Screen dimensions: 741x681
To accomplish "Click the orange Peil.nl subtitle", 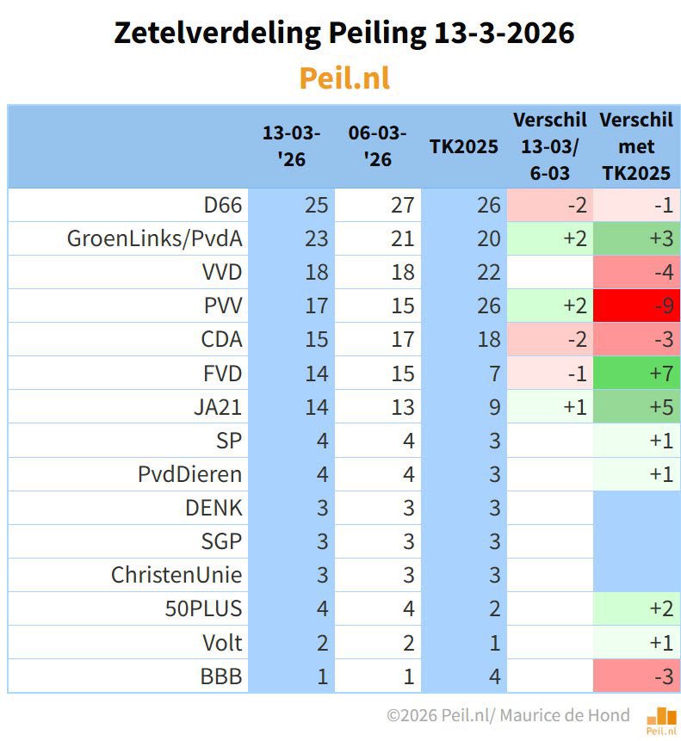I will (344, 78).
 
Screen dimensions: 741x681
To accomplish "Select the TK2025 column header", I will (463, 146).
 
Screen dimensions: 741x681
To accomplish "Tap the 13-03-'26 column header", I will (291, 146).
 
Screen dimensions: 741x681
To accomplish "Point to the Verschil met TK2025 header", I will (635, 146).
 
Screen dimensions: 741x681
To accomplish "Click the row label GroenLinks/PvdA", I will (155, 238).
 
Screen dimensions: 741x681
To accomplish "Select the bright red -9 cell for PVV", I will (636, 306).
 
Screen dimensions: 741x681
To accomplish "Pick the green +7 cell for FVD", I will (636, 373).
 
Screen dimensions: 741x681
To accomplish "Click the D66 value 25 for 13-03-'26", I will (316, 205).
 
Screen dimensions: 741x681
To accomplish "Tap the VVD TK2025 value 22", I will (488, 272).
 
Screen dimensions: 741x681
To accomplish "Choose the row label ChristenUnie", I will (176, 575).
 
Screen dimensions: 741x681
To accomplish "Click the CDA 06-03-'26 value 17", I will (402, 339).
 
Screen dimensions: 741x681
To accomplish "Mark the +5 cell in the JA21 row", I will (636, 406).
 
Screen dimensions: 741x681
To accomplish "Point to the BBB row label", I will (222, 676).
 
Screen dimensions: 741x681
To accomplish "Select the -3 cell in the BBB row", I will (636, 676).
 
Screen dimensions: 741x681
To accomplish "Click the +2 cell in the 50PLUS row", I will (636, 609).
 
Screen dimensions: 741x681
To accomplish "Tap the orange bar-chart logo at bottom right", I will (660, 716).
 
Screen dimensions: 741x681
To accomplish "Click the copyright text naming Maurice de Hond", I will (508, 715).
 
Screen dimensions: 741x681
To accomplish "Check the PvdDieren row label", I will (190, 474).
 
